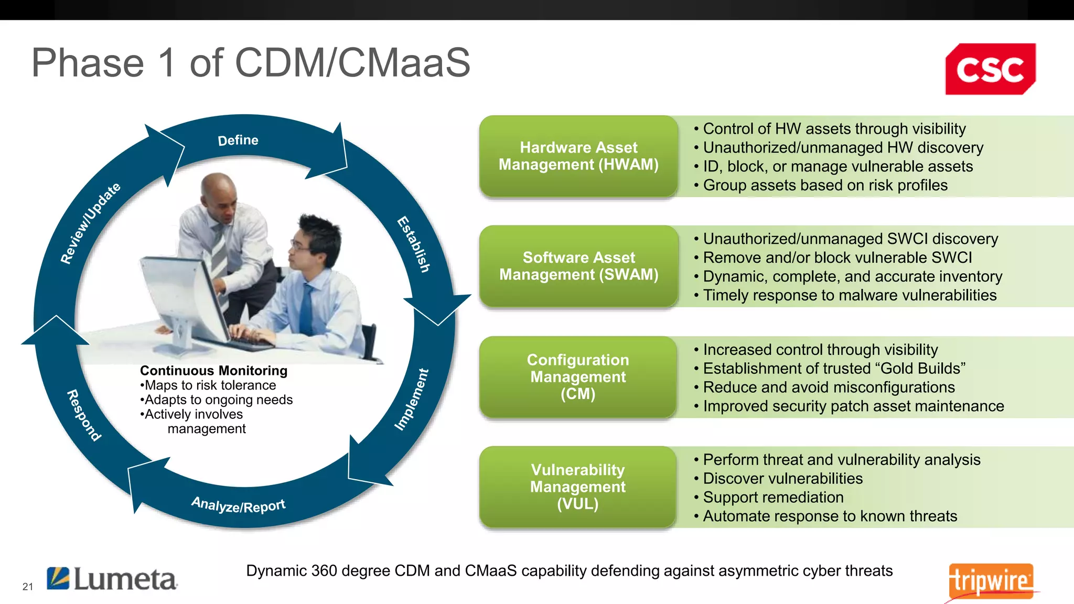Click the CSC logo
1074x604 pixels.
[990, 69]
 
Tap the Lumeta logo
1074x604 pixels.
[112, 579]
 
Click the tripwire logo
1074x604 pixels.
[991, 581]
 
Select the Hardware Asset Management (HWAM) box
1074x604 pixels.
[578, 156]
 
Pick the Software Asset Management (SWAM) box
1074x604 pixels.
[578, 266]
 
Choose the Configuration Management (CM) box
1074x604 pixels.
[578, 377]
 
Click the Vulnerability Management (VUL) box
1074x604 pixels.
[578, 487]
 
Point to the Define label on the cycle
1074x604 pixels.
[238, 141]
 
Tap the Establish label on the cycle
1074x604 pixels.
[414, 244]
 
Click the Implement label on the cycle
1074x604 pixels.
[412, 400]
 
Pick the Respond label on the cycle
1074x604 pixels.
[84, 415]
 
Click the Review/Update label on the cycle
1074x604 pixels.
[90, 223]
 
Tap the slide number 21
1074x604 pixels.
[28, 587]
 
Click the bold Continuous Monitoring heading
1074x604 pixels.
[213, 371]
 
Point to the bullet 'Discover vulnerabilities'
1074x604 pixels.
[782, 479]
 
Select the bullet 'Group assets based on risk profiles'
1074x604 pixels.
[825, 186]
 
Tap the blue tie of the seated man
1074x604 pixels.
[306, 309]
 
